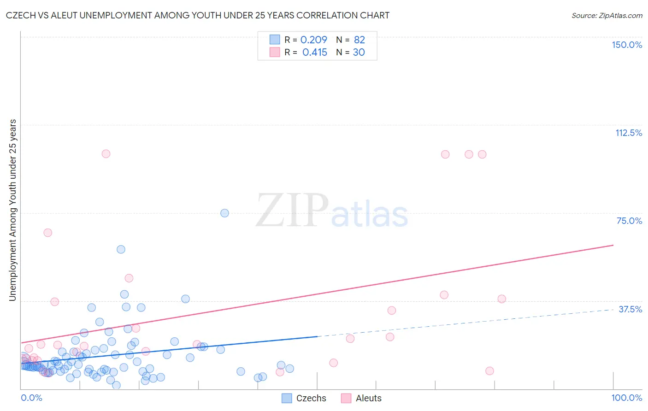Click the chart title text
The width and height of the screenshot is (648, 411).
pyautogui.click(x=197, y=15)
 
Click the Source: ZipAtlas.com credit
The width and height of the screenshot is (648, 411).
pyautogui.click(x=607, y=15)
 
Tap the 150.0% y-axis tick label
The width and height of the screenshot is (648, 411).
pyautogui.click(x=627, y=45)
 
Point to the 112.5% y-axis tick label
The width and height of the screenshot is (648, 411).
pyautogui.click(x=629, y=133)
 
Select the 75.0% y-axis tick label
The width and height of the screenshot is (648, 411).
pyautogui.click(x=629, y=221)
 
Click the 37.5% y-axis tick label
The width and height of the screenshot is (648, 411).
pyautogui.click(x=630, y=309)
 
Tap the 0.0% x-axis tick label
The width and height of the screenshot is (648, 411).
pyautogui.click(x=31, y=398)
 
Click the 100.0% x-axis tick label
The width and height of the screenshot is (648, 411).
pyautogui.click(x=627, y=398)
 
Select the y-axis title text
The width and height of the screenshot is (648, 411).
pyautogui.click(x=12, y=210)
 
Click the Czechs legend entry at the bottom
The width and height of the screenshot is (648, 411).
pyautogui.click(x=304, y=398)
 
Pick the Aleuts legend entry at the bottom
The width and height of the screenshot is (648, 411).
pyautogui.click(x=362, y=398)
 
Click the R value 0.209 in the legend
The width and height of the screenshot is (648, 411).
pyautogui.click(x=313, y=40)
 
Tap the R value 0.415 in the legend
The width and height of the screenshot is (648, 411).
pyautogui.click(x=315, y=53)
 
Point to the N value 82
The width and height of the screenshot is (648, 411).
pyautogui.click(x=359, y=40)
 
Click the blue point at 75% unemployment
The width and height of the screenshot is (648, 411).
pyautogui.click(x=224, y=213)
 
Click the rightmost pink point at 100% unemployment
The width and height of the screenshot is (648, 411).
pyautogui.click(x=482, y=154)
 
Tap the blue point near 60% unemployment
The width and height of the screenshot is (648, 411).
pyautogui.click(x=121, y=249)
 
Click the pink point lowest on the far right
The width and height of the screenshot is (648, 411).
pyautogui.click(x=489, y=371)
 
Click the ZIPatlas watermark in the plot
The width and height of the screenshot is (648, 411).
pyautogui.click(x=332, y=211)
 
